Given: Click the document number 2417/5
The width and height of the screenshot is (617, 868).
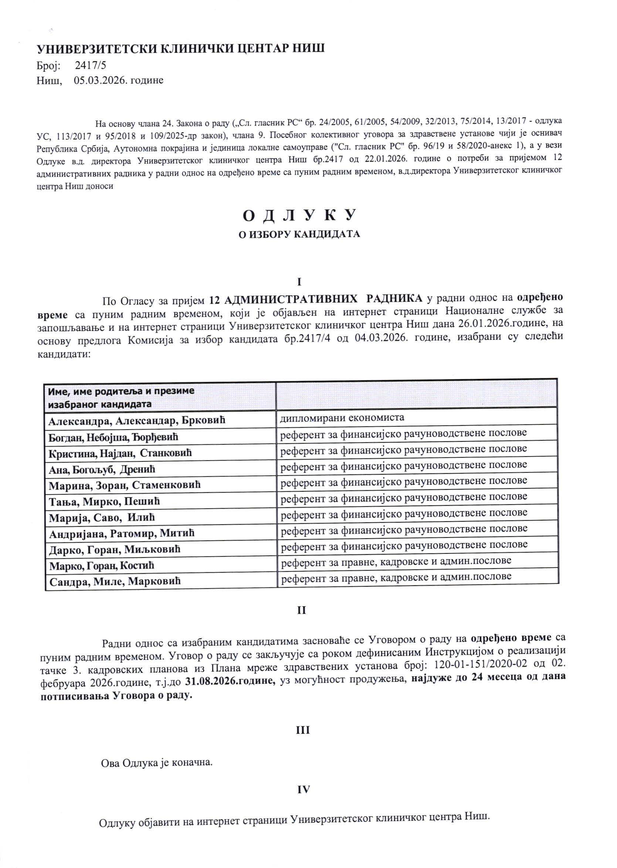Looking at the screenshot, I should tap(91, 66).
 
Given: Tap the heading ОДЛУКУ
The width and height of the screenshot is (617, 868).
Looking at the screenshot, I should tap(300, 216).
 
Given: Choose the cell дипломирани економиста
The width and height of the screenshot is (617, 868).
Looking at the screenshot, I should tap(342, 418).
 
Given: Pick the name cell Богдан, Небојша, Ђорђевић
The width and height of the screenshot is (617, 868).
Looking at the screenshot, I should tap(113, 437).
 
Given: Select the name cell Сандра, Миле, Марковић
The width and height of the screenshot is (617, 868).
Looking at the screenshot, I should tap(115, 581).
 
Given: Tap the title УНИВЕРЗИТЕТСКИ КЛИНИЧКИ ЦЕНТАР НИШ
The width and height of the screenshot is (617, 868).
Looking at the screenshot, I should tap(180, 49).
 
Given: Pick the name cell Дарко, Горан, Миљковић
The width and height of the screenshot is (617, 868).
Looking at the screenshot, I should tap(115, 549).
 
